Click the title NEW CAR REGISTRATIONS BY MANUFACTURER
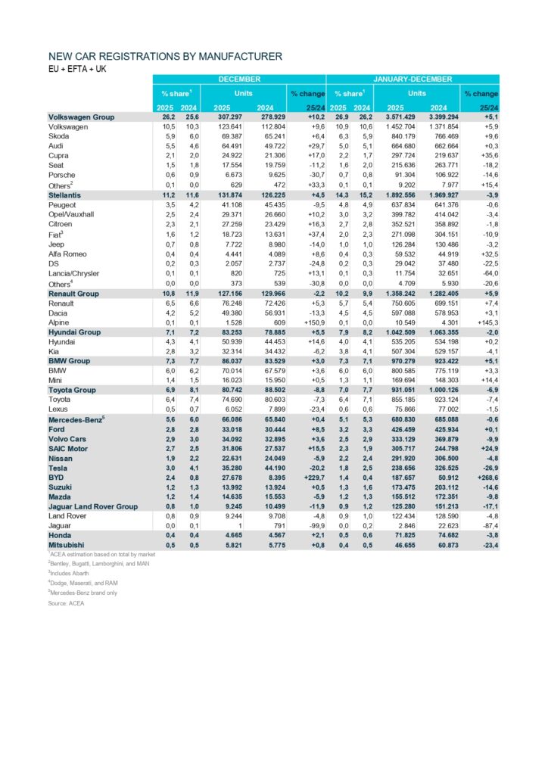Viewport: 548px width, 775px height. point(165,57)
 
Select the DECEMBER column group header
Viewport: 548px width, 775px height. point(239,79)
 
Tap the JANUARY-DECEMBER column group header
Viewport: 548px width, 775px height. point(413,79)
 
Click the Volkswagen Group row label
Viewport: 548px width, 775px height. point(81,117)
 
